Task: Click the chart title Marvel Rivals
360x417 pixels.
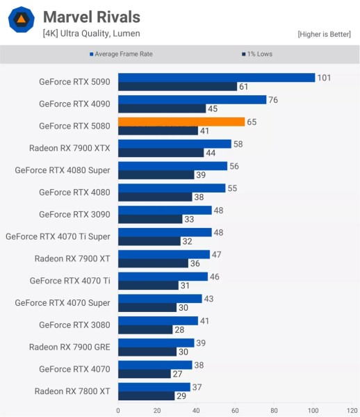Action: click(91, 16)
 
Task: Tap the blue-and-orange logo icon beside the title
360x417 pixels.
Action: click(22, 22)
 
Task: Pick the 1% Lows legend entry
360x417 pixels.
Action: click(258, 54)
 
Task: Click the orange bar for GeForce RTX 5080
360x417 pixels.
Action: click(181, 122)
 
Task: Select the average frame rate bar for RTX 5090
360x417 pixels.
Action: click(216, 78)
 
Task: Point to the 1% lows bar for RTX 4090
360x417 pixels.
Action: click(162, 108)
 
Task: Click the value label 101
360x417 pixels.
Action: click(324, 78)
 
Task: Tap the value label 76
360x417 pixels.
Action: click(273, 100)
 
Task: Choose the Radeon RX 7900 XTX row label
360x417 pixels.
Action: click(69, 148)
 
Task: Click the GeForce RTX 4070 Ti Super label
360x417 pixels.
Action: click(58, 236)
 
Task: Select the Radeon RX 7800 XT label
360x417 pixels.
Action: click(72, 391)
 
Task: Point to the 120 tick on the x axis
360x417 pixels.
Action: click(352, 410)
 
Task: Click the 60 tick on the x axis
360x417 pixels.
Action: click(235, 410)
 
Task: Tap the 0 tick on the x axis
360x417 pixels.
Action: click(118, 410)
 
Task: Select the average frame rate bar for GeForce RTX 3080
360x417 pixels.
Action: click(158, 320)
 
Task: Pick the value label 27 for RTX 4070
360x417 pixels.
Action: click(178, 373)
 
